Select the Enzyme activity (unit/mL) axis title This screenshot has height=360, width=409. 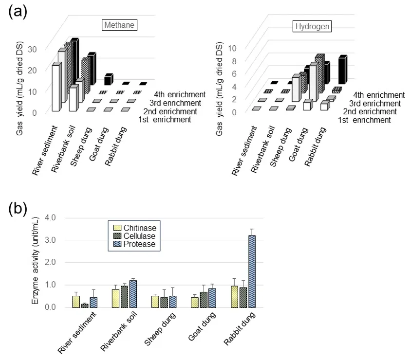click(x=36, y=263)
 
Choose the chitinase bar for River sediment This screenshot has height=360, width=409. click(x=76, y=301)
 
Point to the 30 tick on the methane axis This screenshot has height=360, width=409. click(x=33, y=49)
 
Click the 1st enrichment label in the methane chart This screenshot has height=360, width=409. click(x=165, y=120)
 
